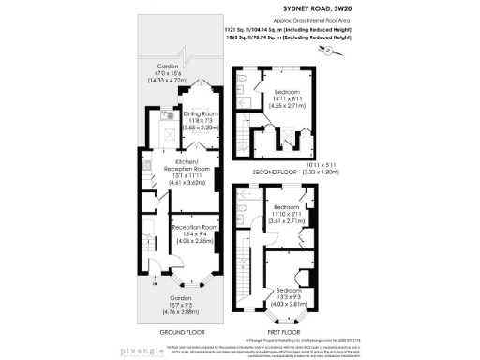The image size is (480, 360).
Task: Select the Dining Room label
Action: pyautogui.click(x=199, y=119)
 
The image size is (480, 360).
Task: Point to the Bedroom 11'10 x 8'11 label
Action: pyautogui.click(x=286, y=213)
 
